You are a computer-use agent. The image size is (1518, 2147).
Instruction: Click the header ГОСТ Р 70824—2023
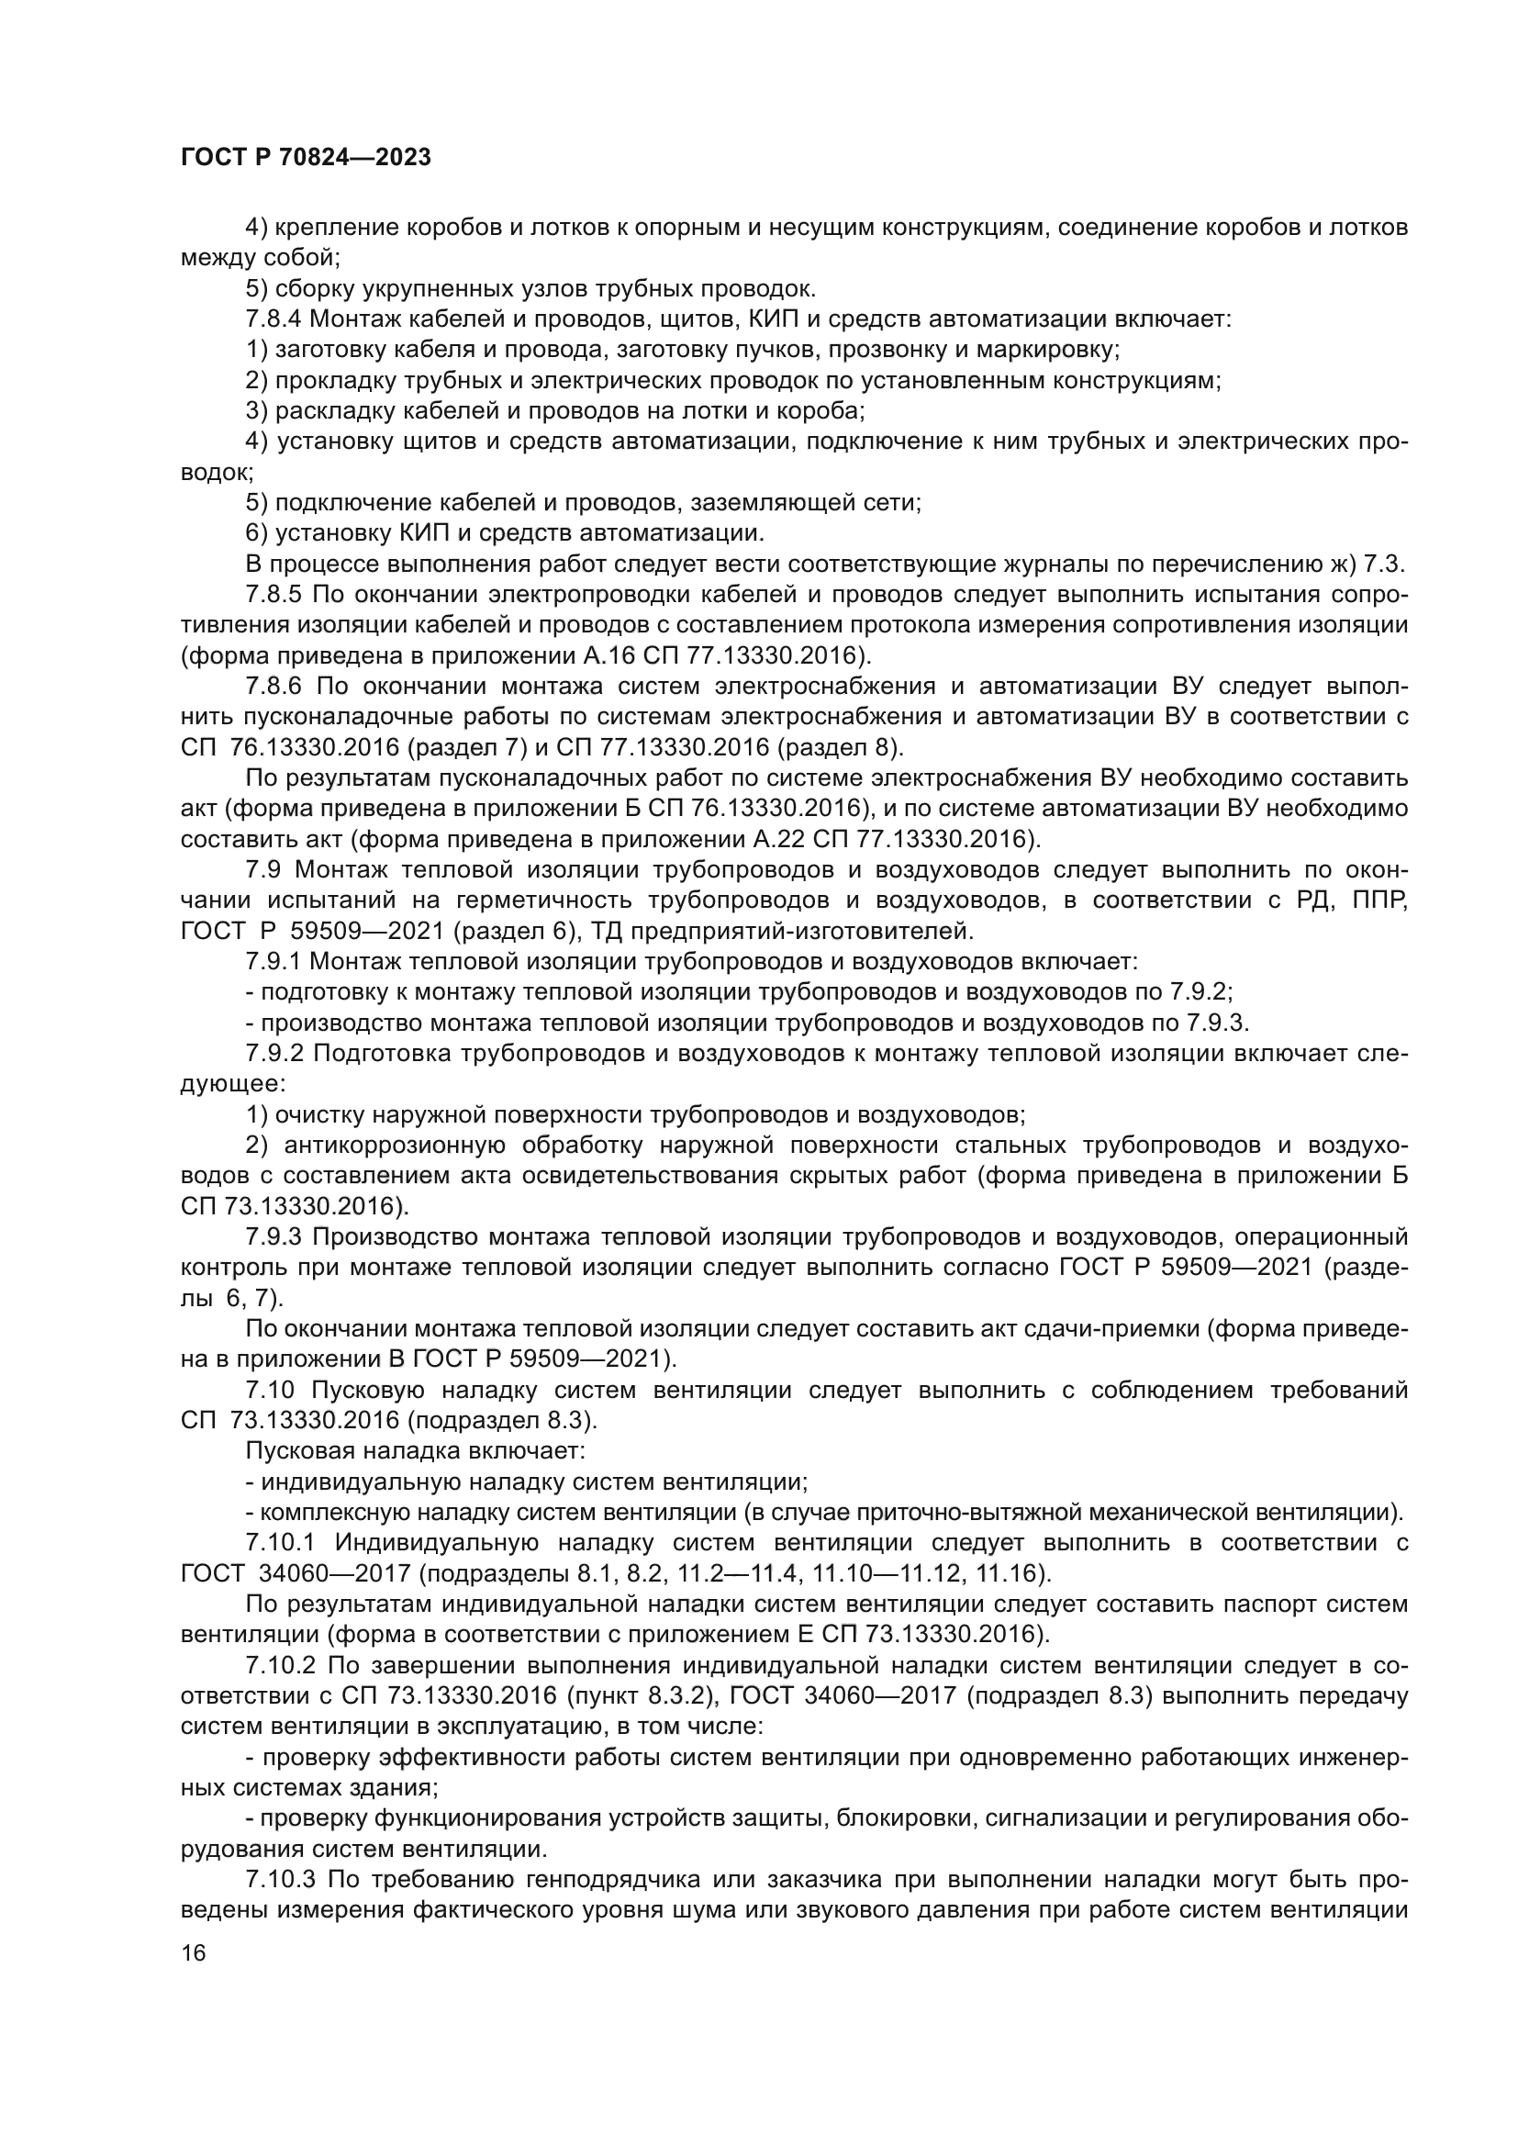[x=306, y=157]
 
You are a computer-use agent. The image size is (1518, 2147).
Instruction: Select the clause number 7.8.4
[x=273, y=319]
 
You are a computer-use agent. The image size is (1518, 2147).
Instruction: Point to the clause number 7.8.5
[x=273, y=595]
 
